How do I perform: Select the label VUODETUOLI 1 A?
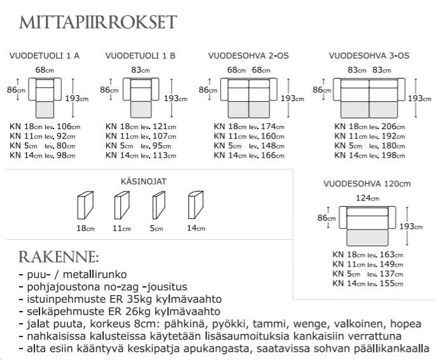pyautogui.click(x=44, y=56)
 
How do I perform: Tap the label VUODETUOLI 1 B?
pyautogui.click(x=141, y=56)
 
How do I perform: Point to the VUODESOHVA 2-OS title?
pyautogui.click(x=249, y=56)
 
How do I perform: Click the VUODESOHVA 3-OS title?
pyautogui.click(x=369, y=56)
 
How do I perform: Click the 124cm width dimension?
pyautogui.click(x=363, y=198)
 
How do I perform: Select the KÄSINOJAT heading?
pyautogui.click(x=143, y=181)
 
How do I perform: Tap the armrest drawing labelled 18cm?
pyautogui.click(x=85, y=207)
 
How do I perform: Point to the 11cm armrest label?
pyautogui.click(x=121, y=228)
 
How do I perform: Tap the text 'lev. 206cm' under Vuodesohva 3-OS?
pyautogui.click(x=385, y=127)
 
